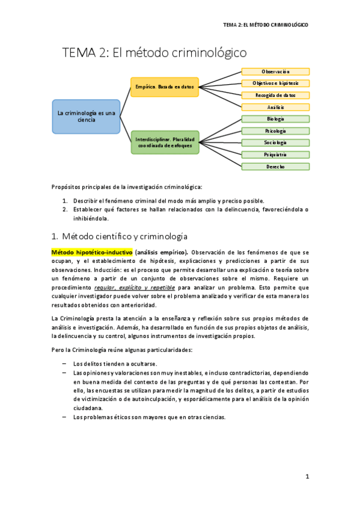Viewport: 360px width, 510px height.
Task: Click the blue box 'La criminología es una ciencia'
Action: pyautogui.click(x=86, y=116)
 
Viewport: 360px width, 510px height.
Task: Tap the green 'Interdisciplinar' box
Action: pyautogui.click(x=165, y=143)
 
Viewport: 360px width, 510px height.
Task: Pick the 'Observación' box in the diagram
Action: pyautogui.click(x=275, y=72)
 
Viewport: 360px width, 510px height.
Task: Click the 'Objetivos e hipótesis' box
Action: pyautogui.click(x=275, y=83)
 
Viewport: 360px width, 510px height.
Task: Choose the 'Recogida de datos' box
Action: pyautogui.click(x=275, y=95)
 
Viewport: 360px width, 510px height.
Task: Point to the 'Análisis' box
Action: pyautogui.click(x=275, y=107)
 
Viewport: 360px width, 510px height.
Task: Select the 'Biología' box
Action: pyautogui.click(x=275, y=119)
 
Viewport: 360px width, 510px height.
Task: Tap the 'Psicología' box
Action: pyautogui.click(x=275, y=131)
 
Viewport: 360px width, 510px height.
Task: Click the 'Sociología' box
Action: pyautogui.click(x=275, y=143)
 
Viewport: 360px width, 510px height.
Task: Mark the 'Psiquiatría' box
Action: pyautogui.click(x=275, y=155)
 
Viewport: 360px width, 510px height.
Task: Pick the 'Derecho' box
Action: pyautogui.click(x=275, y=167)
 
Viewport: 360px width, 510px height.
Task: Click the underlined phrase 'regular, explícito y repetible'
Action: pyautogui.click(x=135, y=287)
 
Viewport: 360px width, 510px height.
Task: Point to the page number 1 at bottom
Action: pyautogui.click(x=307, y=476)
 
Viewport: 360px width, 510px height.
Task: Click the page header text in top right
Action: pyautogui.click(x=265, y=25)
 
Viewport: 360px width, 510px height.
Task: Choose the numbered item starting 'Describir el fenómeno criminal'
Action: pyautogui.click(x=168, y=201)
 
